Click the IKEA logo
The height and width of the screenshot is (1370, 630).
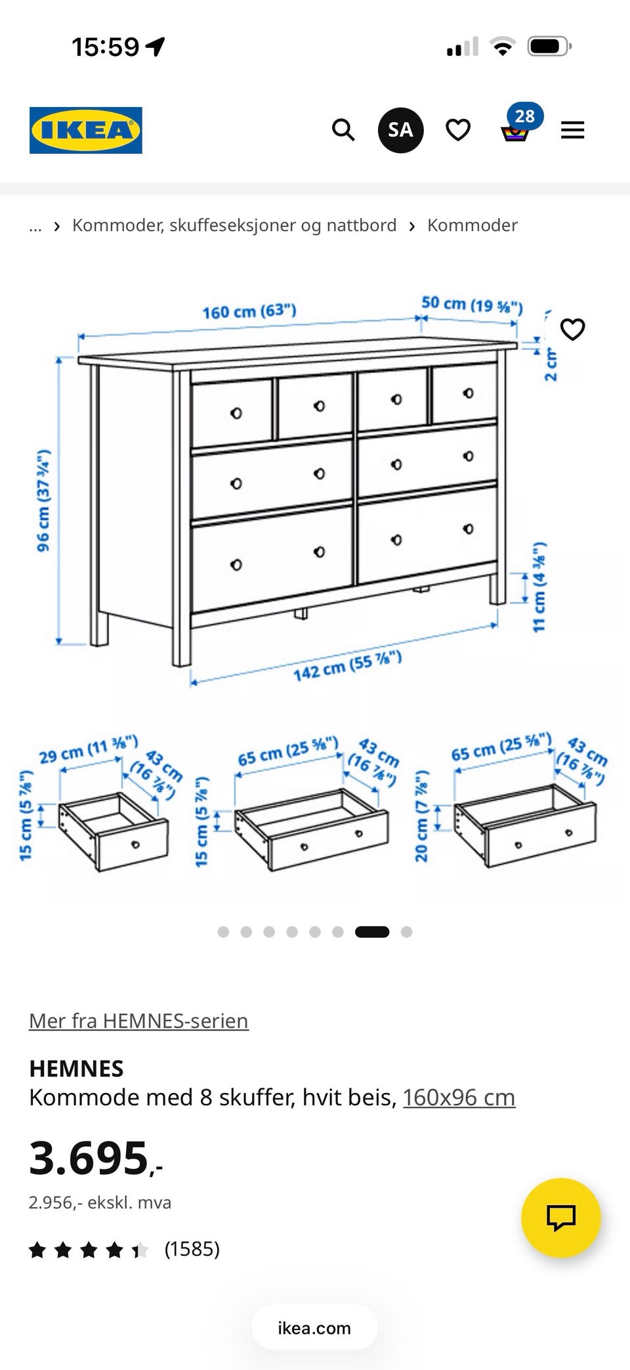[85, 130]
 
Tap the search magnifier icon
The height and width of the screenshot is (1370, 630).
[343, 130]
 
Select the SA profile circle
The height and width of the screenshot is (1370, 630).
[400, 130]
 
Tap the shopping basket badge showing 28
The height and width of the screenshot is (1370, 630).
[524, 116]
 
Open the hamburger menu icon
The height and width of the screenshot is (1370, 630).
[572, 130]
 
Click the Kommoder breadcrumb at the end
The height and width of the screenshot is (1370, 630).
[472, 225]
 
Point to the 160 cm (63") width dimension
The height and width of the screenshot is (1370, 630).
[249, 311]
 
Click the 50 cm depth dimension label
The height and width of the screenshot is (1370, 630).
[472, 304]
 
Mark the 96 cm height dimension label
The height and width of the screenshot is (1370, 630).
[43, 500]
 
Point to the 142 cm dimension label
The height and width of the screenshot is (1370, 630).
[347, 666]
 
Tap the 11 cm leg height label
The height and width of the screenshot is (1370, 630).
[539, 587]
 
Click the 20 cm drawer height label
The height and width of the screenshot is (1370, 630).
[421, 816]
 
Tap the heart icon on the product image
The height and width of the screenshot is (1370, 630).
[572, 329]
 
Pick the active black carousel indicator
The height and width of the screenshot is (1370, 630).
[372, 931]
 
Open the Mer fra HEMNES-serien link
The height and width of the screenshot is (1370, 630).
[138, 1021]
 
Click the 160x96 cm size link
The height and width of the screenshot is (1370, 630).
[459, 1097]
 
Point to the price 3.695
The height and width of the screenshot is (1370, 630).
[95, 1158]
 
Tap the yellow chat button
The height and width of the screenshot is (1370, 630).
[561, 1218]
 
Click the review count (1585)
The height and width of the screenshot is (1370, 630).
[192, 1248]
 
